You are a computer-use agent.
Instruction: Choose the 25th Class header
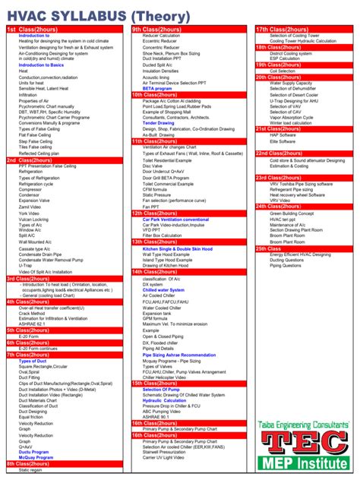tap(269, 248)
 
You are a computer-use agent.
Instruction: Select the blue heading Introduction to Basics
tap(41, 65)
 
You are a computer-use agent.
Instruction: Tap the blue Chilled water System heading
tap(163, 289)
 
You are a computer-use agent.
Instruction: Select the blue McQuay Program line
tap(36, 457)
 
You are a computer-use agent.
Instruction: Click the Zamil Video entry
tap(30, 207)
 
